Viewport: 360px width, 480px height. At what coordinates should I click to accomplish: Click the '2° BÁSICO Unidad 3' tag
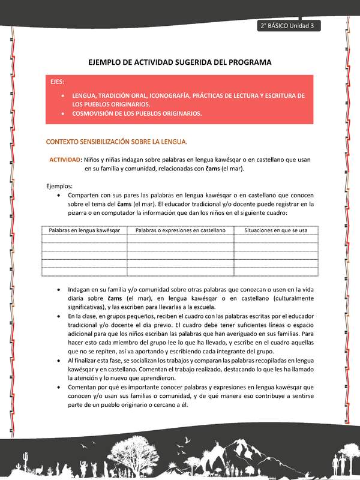[289, 26]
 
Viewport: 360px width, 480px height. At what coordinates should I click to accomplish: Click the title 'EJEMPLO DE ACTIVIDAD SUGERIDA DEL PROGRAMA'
[180, 62]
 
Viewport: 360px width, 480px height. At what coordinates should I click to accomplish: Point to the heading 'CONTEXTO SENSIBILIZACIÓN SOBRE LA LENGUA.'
[117, 142]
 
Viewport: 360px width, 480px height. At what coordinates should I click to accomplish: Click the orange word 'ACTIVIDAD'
[65, 160]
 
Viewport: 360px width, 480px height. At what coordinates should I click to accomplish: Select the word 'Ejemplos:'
[59, 186]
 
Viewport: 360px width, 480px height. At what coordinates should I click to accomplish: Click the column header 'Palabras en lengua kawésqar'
[84, 230]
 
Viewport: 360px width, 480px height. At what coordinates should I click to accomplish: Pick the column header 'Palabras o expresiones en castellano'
[180, 230]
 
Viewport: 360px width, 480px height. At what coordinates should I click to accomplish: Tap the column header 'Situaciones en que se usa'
[275, 230]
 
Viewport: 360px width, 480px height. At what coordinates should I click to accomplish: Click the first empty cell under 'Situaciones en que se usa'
[275, 239]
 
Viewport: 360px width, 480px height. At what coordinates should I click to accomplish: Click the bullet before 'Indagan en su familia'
[58, 289]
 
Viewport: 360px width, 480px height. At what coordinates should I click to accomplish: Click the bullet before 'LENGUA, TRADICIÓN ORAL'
[64, 95]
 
